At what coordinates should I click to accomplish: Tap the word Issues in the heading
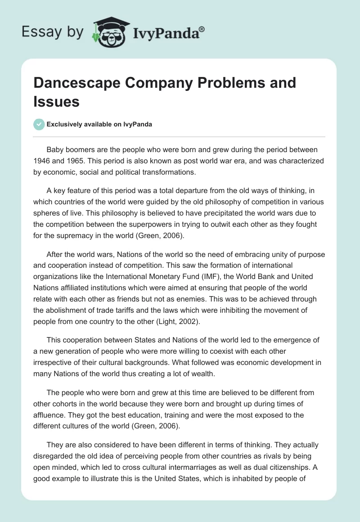point(56,102)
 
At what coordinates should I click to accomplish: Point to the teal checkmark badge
point(39,124)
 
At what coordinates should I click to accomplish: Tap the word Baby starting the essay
point(56,149)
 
